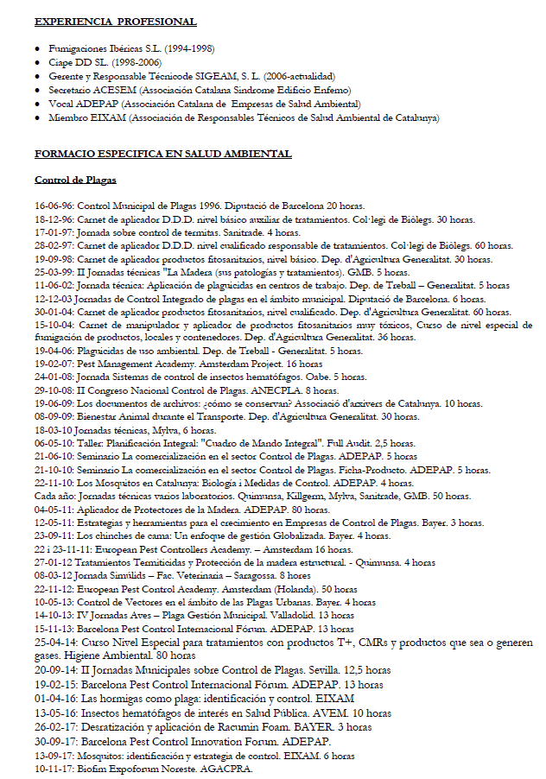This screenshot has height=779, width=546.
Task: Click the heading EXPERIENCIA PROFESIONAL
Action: tap(115, 22)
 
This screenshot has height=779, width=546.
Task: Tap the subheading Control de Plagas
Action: tap(75, 180)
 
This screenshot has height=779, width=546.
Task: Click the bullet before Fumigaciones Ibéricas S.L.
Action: tap(38, 48)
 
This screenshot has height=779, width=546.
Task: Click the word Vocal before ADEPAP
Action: tap(61, 104)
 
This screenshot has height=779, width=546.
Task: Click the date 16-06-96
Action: tap(54, 206)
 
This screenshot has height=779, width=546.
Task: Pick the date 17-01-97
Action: tap(54, 232)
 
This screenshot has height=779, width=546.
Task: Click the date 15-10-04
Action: tap(54, 325)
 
